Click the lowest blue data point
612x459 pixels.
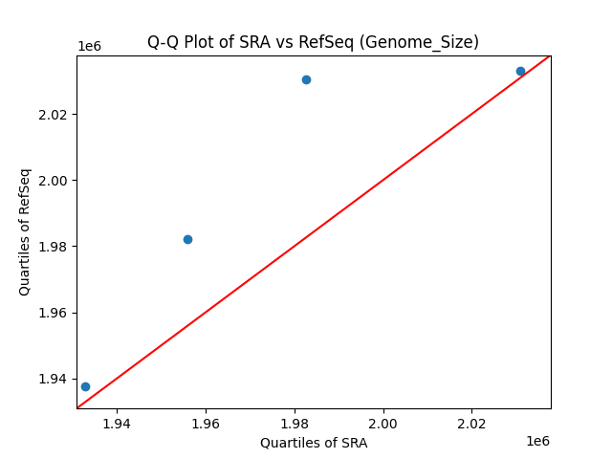85,386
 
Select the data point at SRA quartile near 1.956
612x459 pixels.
187,239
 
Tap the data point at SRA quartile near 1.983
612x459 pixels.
306,79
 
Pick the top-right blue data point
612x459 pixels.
520,71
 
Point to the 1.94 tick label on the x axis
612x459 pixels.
117,424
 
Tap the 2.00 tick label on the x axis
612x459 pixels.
383,424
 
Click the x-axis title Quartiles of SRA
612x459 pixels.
314,443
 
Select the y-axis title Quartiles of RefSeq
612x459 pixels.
25,231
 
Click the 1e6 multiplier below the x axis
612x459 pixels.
537,441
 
